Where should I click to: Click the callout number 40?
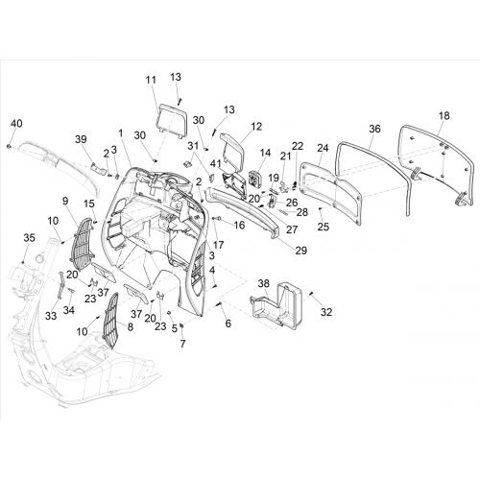coord(17,123)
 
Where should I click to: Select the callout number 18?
coord(444,115)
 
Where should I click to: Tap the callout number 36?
coord(375,129)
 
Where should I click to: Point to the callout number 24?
coord(324,148)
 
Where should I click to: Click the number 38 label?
coord(264,283)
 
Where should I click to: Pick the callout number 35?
coord(29,238)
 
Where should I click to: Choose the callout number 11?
coord(151,80)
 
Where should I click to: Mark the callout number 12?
coord(256,126)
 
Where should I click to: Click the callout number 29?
coord(301,251)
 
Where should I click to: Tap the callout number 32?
coord(326,312)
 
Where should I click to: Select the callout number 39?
coord(81,139)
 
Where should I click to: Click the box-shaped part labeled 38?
coord(277,304)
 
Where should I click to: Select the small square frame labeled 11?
coord(171,121)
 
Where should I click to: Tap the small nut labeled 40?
coord(8,146)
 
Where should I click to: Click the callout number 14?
coord(265,153)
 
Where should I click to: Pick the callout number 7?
coord(182,344)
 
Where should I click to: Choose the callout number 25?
coord(324,227)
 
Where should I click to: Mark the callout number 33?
coord(51,316)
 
